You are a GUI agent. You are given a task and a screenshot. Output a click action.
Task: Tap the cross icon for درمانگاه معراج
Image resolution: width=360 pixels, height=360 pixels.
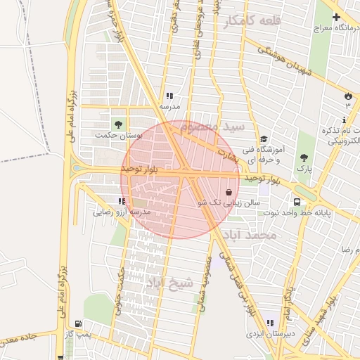click(335, 17)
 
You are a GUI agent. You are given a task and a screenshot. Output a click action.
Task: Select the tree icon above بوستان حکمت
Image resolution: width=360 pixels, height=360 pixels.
click(117, 124)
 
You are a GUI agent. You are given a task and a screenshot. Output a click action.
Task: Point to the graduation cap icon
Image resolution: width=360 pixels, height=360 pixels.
click(264, 139)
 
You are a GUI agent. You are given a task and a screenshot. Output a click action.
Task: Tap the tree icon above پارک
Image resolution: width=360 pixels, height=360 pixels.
click(304, 158)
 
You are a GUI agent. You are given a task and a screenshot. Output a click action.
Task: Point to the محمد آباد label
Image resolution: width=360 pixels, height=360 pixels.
click(250, 235)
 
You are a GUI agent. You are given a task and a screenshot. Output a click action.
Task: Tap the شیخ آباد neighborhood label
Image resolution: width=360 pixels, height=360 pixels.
click(169, 283)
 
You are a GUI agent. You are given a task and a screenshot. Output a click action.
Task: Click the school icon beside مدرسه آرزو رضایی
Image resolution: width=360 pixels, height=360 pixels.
click(122, 201)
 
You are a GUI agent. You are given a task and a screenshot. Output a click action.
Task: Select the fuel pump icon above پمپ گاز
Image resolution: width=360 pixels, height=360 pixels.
click(77, 323)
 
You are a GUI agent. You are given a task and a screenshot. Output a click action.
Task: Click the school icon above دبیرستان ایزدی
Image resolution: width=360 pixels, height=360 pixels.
click(269, 323)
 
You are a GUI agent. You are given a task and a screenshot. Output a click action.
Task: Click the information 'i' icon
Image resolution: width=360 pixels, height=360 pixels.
click(344, 120)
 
